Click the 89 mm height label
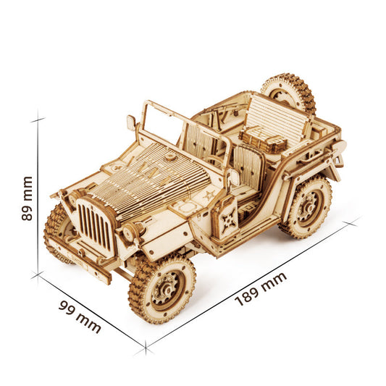coord(28,198)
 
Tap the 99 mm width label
coord(80,316)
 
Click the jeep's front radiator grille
coord(95,225)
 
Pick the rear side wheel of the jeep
coord(306,206)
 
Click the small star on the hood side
coord(209,195)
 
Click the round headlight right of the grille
coord(130,233)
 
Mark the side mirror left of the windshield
coord(131,122)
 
